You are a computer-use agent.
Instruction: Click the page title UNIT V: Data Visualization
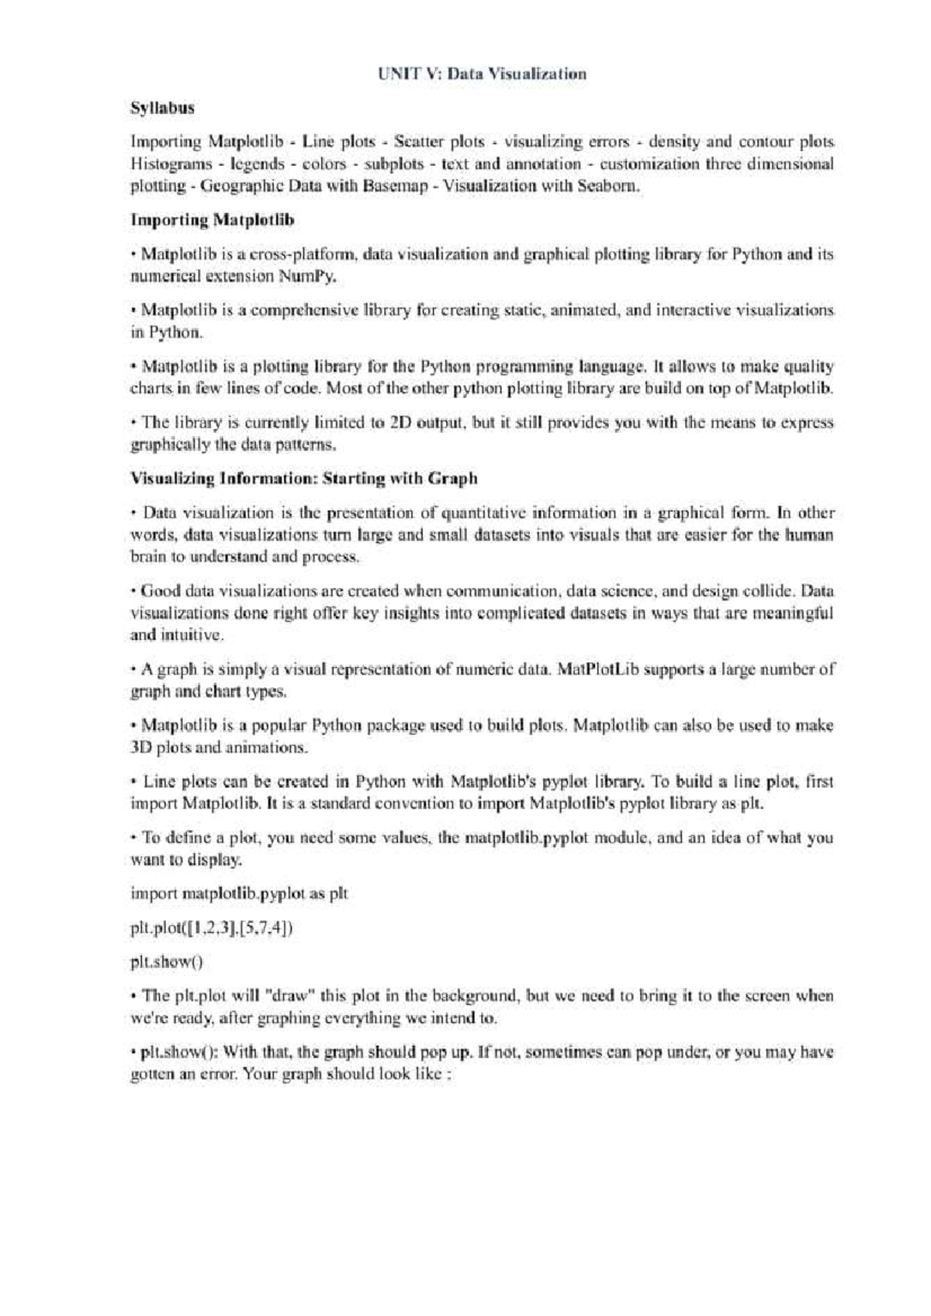(x=482, y=74)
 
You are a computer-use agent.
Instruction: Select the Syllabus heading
(x=162, y=108)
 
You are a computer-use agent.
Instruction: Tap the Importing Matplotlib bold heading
(x=213, y=220)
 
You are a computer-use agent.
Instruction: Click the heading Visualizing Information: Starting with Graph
(x=304, y=478)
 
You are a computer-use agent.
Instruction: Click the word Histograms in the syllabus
(x=171, y=164)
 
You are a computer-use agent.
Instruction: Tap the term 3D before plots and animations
(x=141, y=748)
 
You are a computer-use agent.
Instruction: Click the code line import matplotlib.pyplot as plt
(x=240, y=893)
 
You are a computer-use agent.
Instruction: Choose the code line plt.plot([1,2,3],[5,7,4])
(x=212, y=928)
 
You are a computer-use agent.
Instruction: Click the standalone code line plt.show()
(x=166, y=962)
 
